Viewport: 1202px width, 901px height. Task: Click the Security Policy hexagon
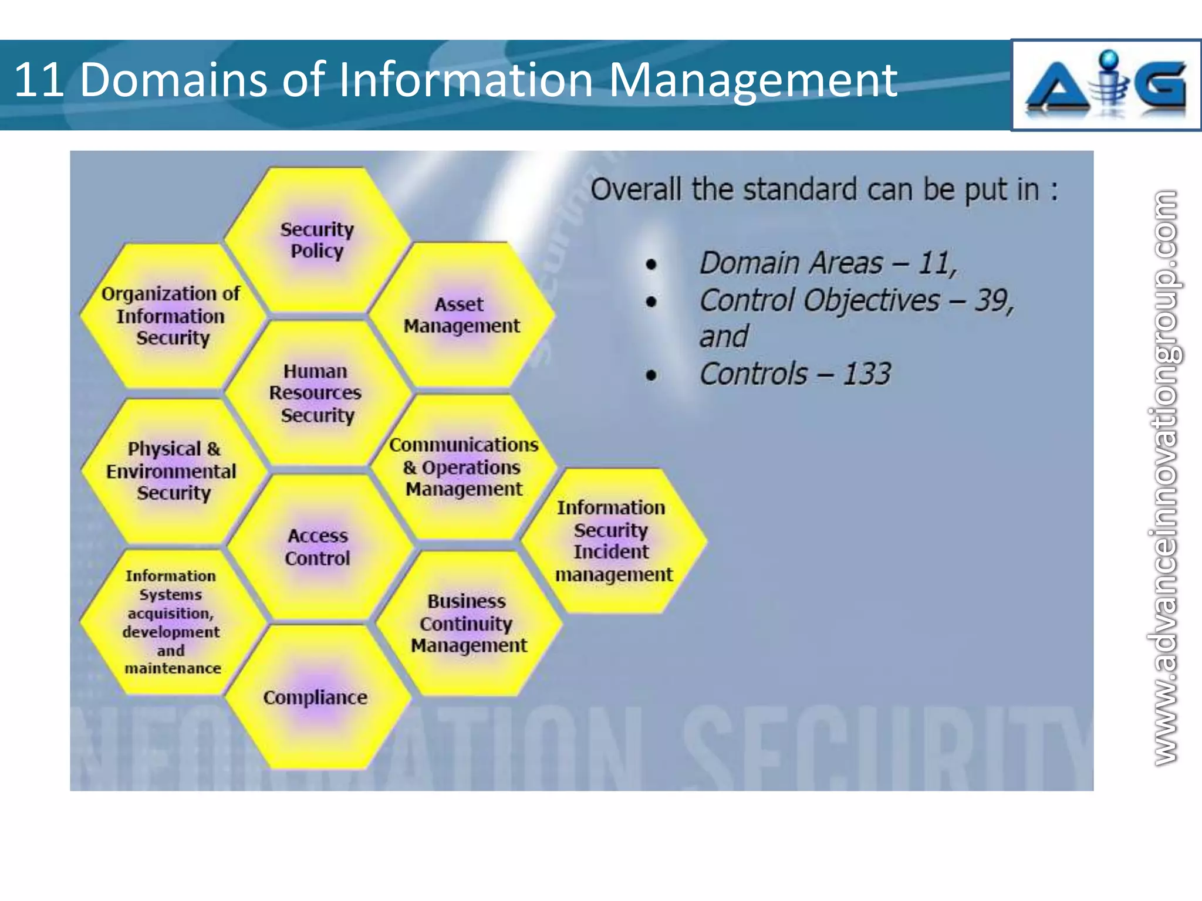pyautogui.click(x=317, y=240)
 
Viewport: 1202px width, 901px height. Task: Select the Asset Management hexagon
pyautogui.click(x=461, y=315)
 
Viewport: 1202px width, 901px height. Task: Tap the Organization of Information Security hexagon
pyautogui.click(x=171, y=316)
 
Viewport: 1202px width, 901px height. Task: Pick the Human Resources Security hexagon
pyautogui.click(x=317, y=393)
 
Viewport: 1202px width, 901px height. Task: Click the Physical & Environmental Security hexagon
pyautogui.click(x=171, y=470)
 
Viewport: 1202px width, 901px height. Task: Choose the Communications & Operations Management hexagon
pyautogui.click(x=464, y=467)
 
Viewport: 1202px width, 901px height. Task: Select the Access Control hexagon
pyautogui.click(x=318, y=547)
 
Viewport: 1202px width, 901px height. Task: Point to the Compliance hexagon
pyautogui.click(x=316, y=697)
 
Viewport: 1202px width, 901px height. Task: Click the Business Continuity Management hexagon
pyautogui.click(x=468, y=623)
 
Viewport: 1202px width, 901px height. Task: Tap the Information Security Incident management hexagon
pyautogui.click(x=613, y=541)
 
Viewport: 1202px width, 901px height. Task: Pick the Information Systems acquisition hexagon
pyautogui.click(x=171, y=622)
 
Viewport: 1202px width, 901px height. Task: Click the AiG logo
pyautogui.click(x=1106, y=86)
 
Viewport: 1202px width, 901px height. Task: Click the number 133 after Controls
pyautogui.click(x=867, y=374)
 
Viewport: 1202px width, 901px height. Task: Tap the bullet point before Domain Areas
pyautogui.click(x=651, y=265)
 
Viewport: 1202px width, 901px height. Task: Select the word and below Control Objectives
pyautogui.click(x=724, y=337)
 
